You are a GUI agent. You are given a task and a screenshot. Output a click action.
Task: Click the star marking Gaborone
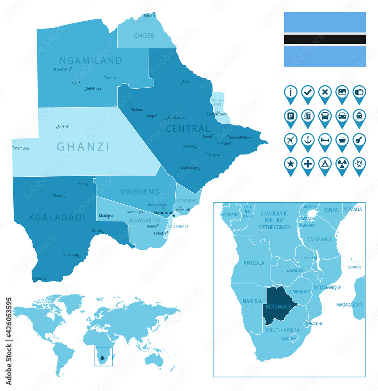pyautogui.click(x=174, y=215)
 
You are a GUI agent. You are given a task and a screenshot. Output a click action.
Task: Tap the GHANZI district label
pyautogui.click(x=83, y=147)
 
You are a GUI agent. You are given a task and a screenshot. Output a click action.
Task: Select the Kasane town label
pyautogui.click(x=150, y=16)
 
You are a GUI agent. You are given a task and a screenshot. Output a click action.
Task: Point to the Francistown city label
pyautogui.click(x=217, y=114)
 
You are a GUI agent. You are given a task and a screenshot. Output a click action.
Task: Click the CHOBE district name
pyautogui.click(x=144, y=36)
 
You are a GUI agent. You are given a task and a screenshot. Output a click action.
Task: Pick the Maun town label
pyautogui.click(x=111, y=78)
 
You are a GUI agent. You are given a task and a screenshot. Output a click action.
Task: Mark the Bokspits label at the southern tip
pyautogui.click(x=39, y=278)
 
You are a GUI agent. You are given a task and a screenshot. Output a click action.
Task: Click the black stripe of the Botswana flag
pyautogui.click(x=325, y=39)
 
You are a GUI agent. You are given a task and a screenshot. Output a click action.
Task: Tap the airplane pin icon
pyautogui.click(x=291, y=140)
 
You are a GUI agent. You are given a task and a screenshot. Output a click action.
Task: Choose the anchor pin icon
pyautogui.click(x=308, y=140)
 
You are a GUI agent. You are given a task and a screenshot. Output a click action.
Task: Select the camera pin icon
pyautogui.click(x=359, y=92)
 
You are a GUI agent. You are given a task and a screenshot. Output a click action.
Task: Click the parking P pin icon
pyautogui.click(x=291, y=116)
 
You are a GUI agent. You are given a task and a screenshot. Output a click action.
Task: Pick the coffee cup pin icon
pyautogui.click(x=342, y=140)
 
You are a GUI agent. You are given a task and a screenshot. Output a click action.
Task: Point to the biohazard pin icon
pyautogui.click(x=359, y=164)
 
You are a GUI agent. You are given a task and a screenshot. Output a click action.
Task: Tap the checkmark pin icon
pyautogui.click(x=308, y=92)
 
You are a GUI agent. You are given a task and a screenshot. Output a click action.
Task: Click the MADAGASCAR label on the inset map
pyautogui.click(x=349, y=305)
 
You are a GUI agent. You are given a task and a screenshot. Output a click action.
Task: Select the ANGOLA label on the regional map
pyautogui.click(x=254, y=263)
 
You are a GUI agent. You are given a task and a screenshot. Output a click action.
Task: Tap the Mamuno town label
pyautogui.click(x=22, y=149)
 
